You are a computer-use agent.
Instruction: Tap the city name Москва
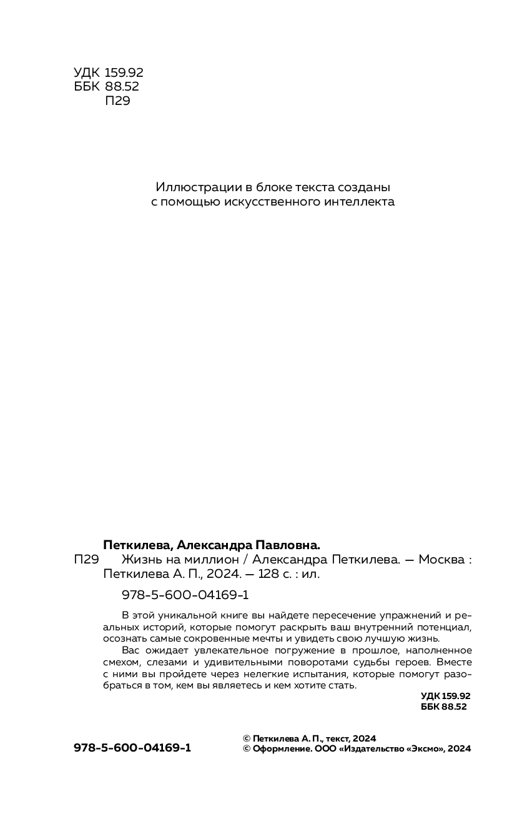coord(440,560)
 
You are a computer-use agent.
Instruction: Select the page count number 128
coord(260,574)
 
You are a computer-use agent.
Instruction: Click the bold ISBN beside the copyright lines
coord(132,748)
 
